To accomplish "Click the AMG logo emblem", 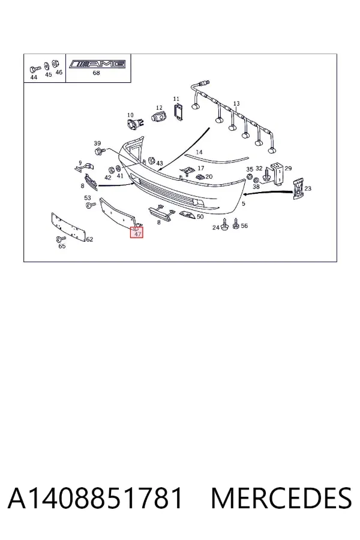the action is point(97,64).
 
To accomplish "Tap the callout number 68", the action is point(96,73).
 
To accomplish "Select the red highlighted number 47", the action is point(137,234).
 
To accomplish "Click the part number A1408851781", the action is point(95,498).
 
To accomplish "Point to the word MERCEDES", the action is point(281,498).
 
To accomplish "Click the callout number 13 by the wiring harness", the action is point(236,104).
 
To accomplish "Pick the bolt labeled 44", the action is point(35,70).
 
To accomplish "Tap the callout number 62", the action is point(89,239).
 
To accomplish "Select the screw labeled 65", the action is point(61,239).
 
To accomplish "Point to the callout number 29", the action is point(289,169).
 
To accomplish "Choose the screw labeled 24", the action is point(225,224).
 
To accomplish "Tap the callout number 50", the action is point(200,217).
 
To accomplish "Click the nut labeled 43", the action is point(151,160).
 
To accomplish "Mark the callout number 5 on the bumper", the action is point(244,203).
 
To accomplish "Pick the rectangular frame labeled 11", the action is point(178,112).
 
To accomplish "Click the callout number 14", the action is point(199,152).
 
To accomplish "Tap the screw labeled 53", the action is point(91,205).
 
